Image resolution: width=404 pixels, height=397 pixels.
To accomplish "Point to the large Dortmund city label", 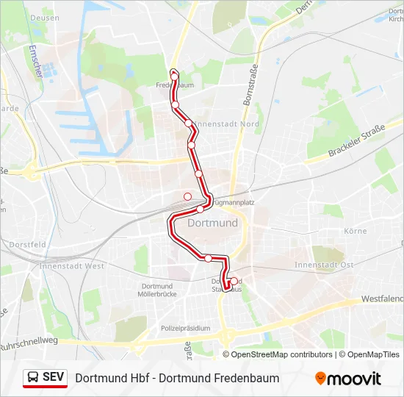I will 213,223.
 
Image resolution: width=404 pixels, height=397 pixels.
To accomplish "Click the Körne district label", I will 355,231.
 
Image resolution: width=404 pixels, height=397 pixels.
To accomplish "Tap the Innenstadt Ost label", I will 324,265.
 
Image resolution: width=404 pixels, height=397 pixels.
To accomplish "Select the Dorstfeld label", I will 28,244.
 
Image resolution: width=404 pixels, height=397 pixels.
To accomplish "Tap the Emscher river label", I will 34,62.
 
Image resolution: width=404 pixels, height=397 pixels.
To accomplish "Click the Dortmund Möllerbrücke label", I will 158,290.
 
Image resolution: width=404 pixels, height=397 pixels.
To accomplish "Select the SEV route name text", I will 53,377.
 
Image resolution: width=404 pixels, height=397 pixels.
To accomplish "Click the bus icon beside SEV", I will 33,378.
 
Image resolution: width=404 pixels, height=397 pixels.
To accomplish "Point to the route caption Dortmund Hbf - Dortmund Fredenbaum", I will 177,378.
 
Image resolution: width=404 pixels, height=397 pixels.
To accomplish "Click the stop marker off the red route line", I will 187,196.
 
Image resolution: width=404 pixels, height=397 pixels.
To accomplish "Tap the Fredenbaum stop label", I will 175,85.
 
